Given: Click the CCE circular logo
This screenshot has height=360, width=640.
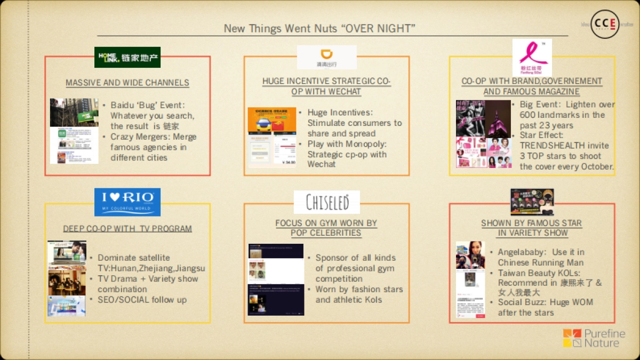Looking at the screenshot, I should tap(605, 24).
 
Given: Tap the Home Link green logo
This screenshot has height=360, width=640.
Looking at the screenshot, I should tap(127, 57).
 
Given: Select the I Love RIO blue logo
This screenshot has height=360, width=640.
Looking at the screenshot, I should tap(127, 202).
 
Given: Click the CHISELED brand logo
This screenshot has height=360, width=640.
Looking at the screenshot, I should tap(327, 202).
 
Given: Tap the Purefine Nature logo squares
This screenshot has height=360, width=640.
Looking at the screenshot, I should tap(572, 338).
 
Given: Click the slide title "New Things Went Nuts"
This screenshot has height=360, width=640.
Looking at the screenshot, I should tap(319, 28).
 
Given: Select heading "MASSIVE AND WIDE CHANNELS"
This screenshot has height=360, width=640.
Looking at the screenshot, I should tap(127, 83).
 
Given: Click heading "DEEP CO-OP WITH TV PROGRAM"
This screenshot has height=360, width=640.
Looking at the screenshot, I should tap(127, 229).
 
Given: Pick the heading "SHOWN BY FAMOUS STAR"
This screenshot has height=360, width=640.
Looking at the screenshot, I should tap(531, 223).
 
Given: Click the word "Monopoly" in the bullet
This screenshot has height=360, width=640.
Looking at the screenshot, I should tap(363, 144).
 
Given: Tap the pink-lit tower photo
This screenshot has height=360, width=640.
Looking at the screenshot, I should tap(499, 118).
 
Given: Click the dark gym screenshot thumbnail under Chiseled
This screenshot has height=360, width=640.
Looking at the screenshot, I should tap(276, 280).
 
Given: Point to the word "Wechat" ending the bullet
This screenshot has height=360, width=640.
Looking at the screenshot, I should tap(322, 164).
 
